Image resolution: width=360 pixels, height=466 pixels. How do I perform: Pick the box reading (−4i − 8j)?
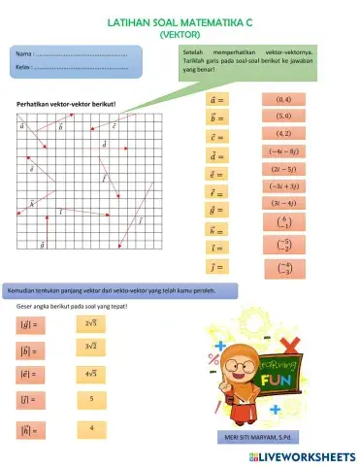[291, 151]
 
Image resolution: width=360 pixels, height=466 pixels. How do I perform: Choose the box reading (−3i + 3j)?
[291, 185]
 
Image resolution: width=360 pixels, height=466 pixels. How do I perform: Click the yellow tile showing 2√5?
[90, 323]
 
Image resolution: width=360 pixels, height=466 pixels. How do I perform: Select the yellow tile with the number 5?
[90, 398]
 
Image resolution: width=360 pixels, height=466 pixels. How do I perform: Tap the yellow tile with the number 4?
[90, 427]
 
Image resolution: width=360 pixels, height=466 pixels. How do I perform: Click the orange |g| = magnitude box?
[30, 326]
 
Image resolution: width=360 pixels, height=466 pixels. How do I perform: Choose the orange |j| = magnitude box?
[30, 400]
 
